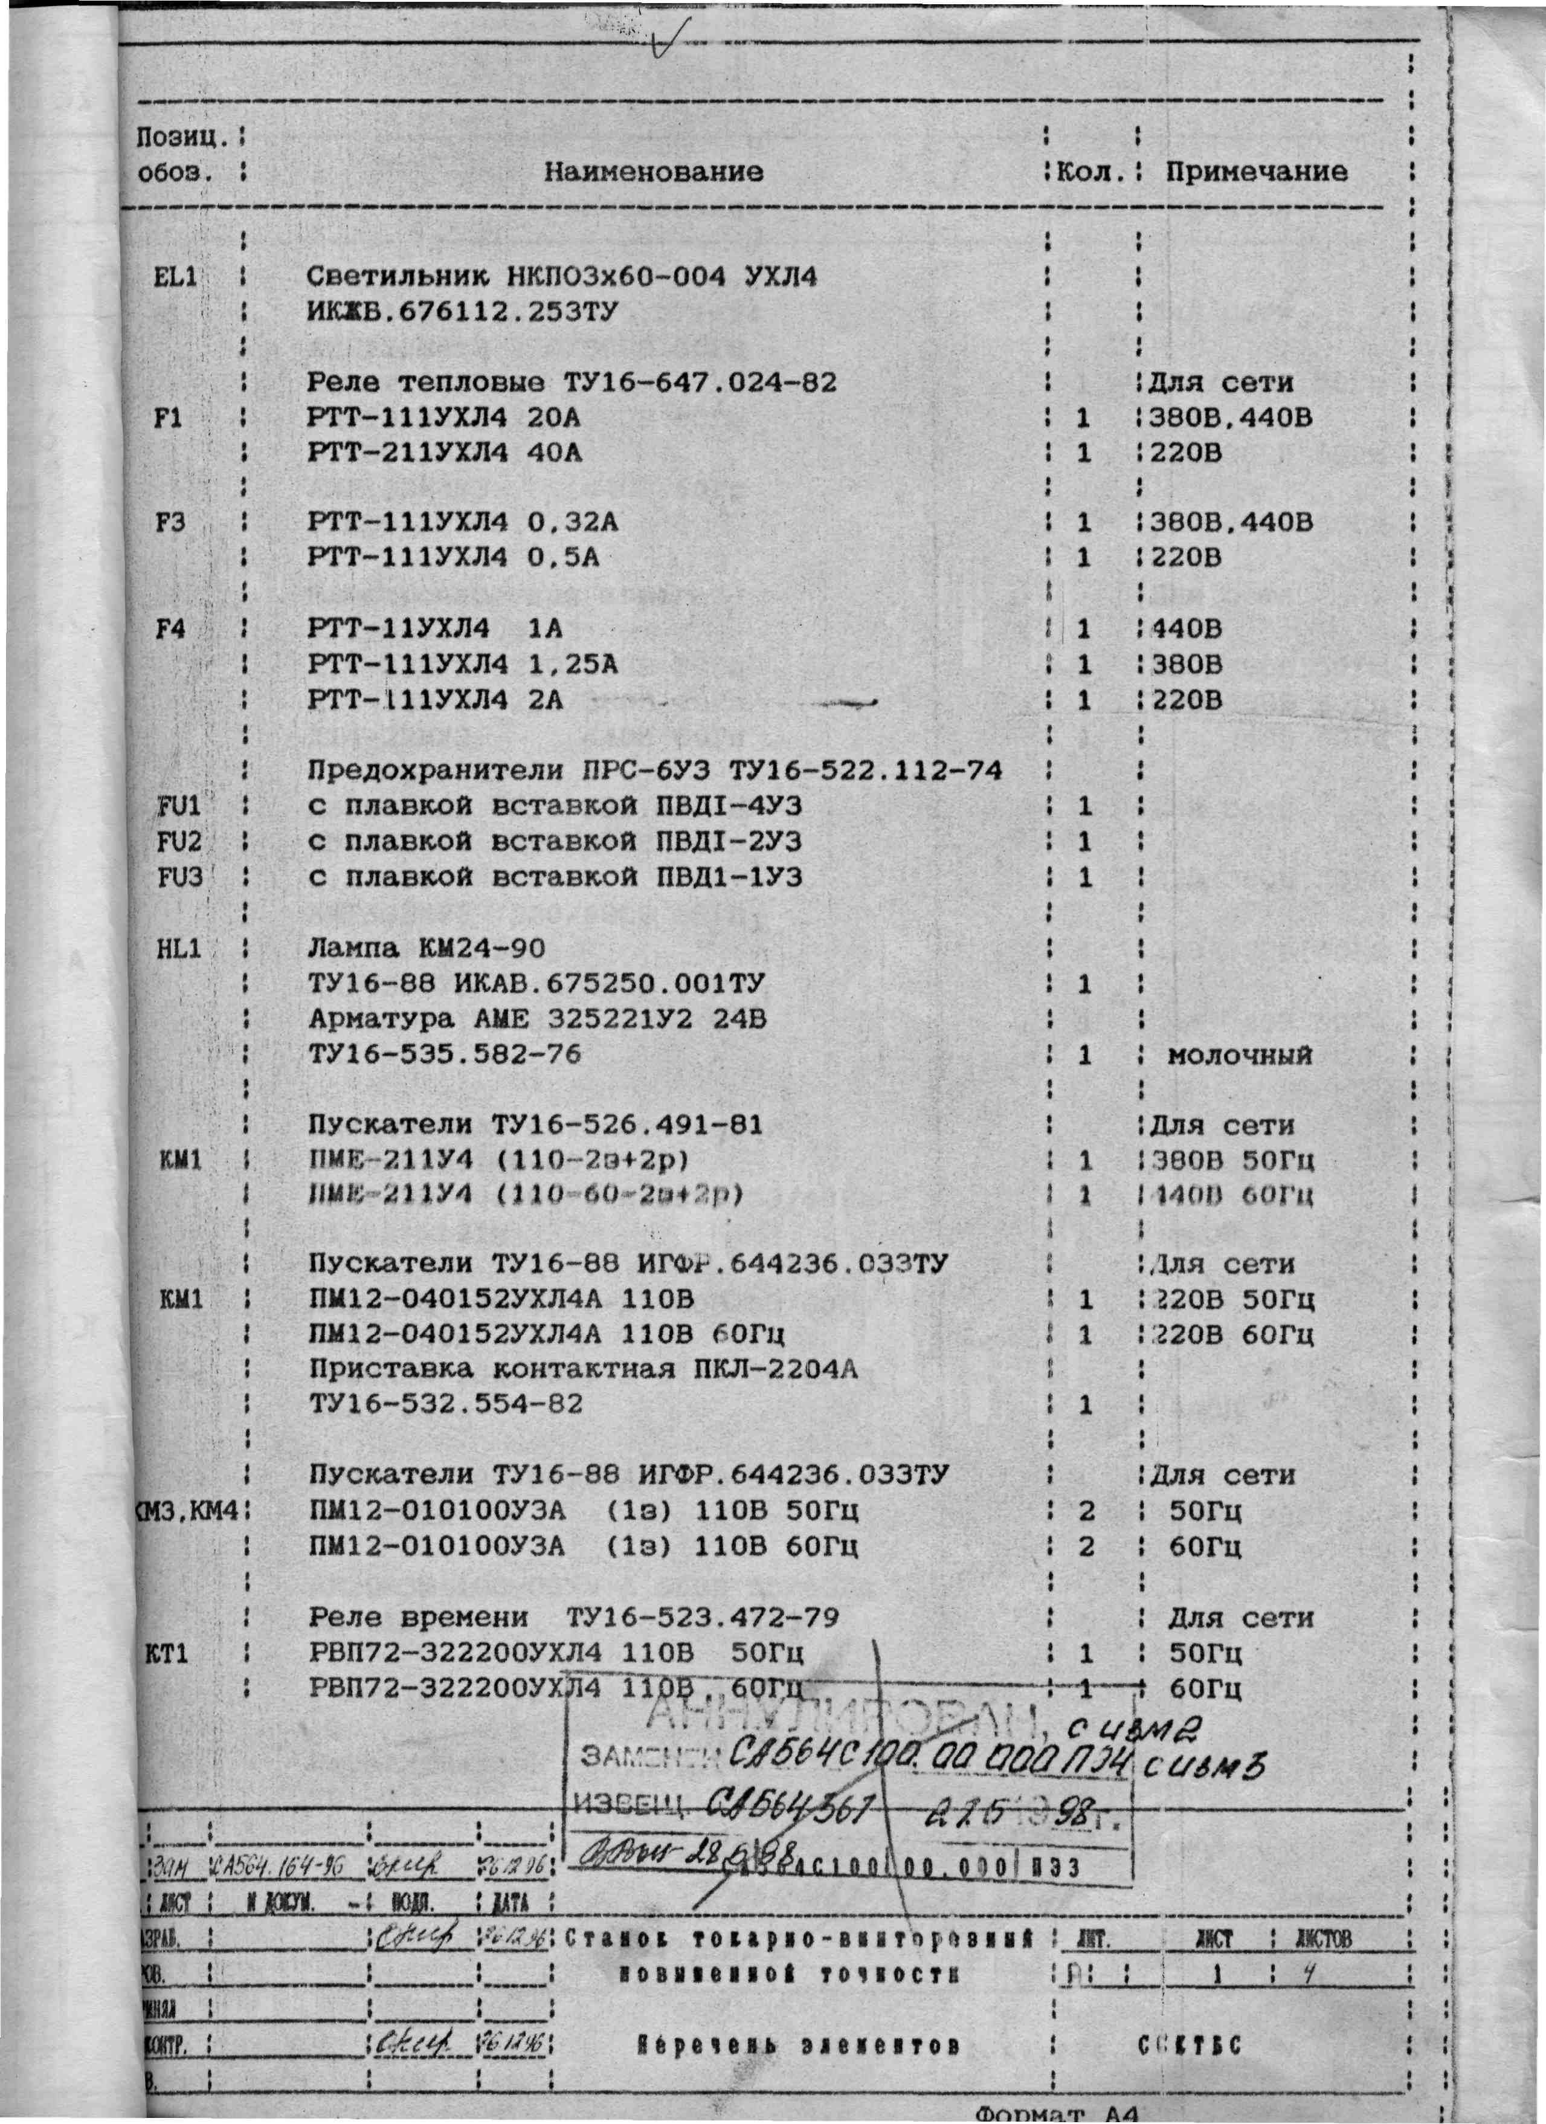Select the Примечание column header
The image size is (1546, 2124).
click(1256, 172)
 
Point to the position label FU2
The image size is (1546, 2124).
click(179, 842)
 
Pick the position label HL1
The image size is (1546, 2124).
click(179, 949)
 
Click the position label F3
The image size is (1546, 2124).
click(170, 521)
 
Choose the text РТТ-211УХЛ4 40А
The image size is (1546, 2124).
click(445, 453)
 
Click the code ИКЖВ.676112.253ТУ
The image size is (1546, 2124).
click(463, 312)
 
